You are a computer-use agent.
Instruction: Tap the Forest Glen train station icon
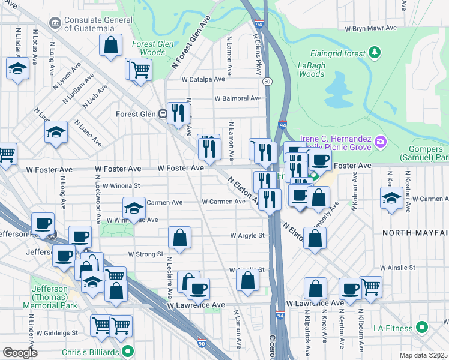[x=163, y=114]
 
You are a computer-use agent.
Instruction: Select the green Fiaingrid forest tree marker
[x=375, y=53]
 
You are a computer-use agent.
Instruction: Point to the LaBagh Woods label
[x=311, y=70]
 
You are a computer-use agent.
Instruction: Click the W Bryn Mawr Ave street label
[x=372, y=28]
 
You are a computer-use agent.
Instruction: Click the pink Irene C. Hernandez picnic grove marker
[x=379, y=142]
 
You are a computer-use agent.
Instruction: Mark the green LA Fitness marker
[x=422, y=328]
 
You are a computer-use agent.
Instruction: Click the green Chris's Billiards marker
[x=127, y=351]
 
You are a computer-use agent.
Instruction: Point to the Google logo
[x=19, y=353]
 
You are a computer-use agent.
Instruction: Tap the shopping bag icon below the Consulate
[x=111, y=45]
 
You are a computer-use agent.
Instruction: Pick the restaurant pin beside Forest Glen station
[x=178, y=112]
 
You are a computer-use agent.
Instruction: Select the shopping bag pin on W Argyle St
[x=179, y=238]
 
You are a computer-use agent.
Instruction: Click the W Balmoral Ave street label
[x=238, y=98]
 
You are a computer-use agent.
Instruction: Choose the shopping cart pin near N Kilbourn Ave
[x=370, y=287]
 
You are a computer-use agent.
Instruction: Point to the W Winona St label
[x=121, y=186]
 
